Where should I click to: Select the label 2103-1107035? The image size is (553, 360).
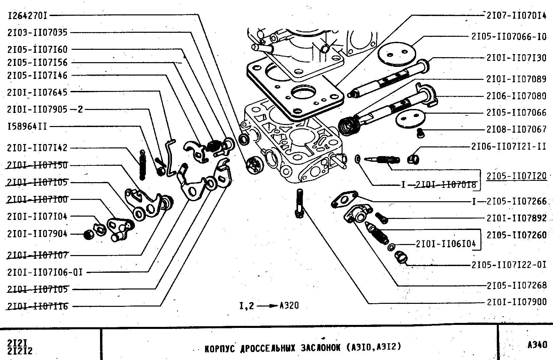[37, 32]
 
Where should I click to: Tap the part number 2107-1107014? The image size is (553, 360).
[516, 15]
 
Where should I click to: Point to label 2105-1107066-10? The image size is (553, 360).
[509, 36]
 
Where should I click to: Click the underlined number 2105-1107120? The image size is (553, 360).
[516, 176]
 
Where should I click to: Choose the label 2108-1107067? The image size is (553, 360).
[516, 129]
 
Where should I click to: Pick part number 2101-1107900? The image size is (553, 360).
[516, 302]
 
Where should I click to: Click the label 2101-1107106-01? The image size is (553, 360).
[44, 272]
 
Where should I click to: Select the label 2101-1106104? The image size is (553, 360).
[446, 244]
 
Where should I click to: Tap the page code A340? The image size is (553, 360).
[537, 345]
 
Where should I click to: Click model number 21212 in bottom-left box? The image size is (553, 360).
[20, 351]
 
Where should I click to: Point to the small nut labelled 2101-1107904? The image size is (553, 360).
[88, 235]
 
